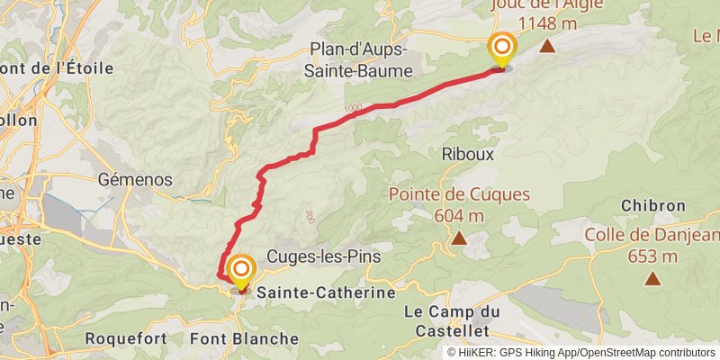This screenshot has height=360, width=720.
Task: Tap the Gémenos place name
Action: point(136,179)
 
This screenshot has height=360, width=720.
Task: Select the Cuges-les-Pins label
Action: point(324,256)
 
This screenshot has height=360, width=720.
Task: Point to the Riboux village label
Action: point(468,154)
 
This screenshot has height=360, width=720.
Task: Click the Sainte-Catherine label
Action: point(326,293)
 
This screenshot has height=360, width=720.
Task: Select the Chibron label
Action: point(652,205)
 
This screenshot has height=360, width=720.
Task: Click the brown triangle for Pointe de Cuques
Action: point(459,238)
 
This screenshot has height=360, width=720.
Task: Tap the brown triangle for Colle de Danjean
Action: point(652,279)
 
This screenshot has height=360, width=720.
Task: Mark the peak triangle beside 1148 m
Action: point(546,46)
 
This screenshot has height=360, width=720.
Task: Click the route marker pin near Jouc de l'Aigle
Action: point(501,48)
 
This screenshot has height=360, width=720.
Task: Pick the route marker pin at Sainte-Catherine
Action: point(241,271)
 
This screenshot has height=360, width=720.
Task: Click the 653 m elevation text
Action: point(652,256)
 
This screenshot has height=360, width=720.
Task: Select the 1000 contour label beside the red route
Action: point(351,108)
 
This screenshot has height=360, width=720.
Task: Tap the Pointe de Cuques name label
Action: point(459,194)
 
